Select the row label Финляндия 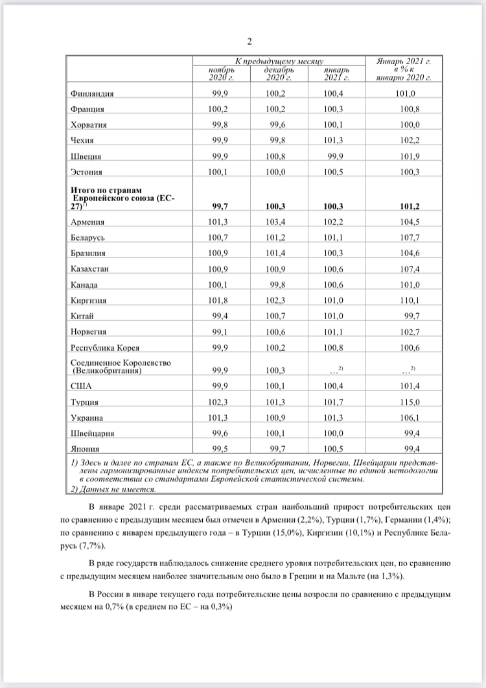click(94, 93)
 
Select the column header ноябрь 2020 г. click(221, 73)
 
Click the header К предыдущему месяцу click(279, 60)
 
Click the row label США click(81, 387)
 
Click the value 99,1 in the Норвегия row click(222, 331)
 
